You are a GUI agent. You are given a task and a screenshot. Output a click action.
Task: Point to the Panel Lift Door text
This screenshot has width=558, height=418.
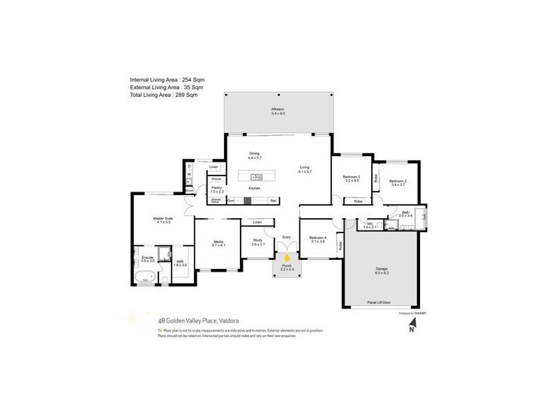pos(379,303)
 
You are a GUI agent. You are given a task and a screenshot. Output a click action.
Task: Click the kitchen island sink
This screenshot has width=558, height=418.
pos(256,176)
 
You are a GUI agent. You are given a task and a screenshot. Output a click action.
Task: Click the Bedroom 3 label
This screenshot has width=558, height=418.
pos(351,178)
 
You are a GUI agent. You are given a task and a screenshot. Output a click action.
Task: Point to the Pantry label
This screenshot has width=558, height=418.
pos(216,189)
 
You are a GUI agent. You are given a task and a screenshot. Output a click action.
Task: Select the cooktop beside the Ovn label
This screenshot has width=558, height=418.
pos(247,201)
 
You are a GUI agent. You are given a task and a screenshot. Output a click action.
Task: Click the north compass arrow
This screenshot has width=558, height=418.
pos(412,330)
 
